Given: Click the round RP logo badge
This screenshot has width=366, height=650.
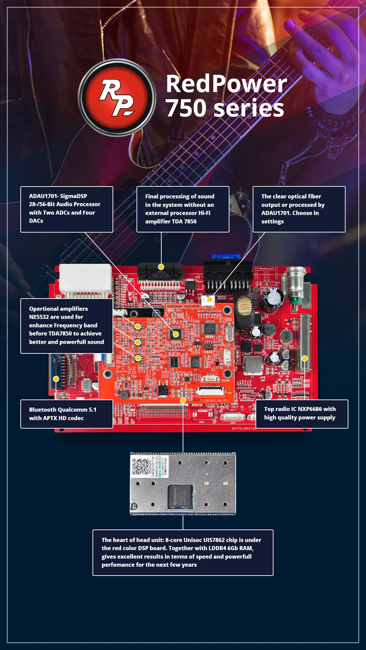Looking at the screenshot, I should click(x=117, y=98).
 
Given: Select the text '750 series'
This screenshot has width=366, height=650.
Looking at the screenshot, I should click(x=225, y=108).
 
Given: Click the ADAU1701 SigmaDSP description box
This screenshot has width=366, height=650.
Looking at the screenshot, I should click(x=67, y=209).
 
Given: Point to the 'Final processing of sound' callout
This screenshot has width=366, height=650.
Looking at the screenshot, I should click(x=183, y=209).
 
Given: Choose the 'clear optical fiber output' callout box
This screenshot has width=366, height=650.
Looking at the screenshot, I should click(x=299, y=209).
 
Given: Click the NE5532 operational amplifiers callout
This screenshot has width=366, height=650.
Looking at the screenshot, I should click(x=67, y=326).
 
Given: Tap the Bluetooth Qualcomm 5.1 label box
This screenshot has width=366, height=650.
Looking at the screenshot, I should click(x=67, y=414).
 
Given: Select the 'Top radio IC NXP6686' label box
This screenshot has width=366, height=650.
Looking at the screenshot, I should click(x=302, y=414).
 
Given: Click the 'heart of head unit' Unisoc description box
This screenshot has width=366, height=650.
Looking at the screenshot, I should click(x=183, y=552).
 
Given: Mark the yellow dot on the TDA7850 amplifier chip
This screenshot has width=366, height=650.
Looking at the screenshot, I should click(x=161, y=267).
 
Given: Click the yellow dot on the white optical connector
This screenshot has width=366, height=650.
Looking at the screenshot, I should click(x=210, y=299).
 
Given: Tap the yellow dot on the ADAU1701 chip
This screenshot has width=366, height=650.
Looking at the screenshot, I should click(x=176, y=334).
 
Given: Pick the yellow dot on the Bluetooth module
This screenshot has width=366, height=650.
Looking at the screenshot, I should click(x=56, y=379).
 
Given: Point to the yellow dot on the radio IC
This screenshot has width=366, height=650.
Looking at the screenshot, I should click(x=305, y=358).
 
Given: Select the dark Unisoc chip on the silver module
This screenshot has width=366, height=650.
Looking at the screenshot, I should click(x=180, y=496).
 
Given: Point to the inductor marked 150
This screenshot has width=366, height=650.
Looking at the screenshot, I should click(x=253, y=365).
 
